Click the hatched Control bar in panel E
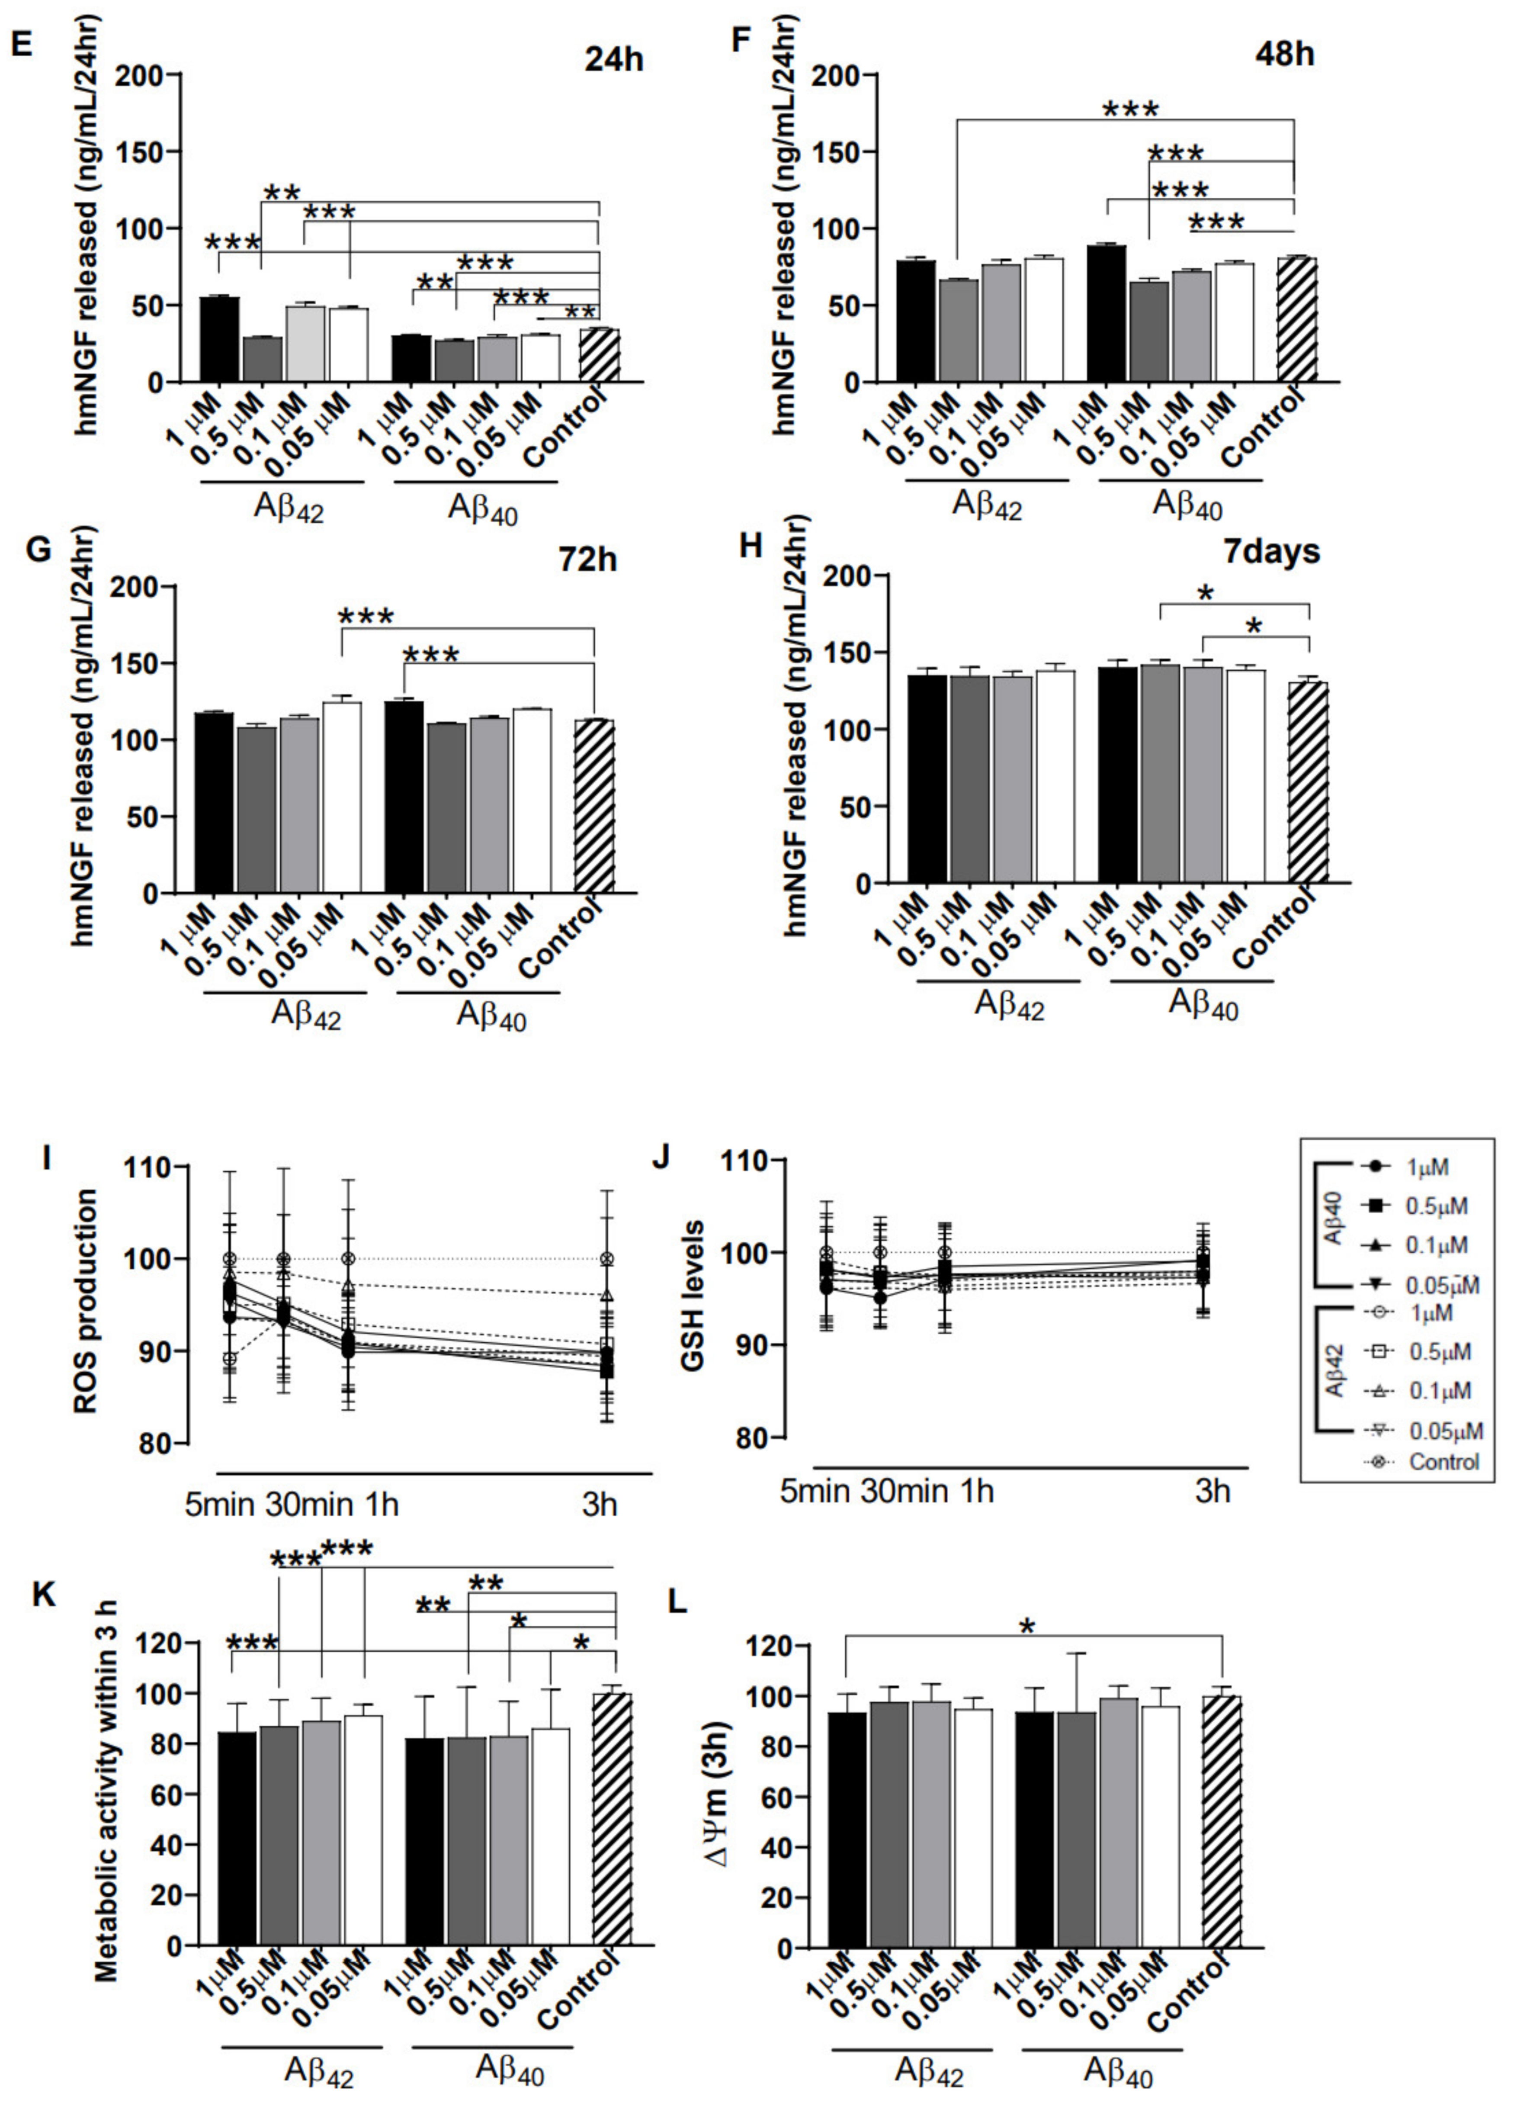point(599,355)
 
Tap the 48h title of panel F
point(1284,54)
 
